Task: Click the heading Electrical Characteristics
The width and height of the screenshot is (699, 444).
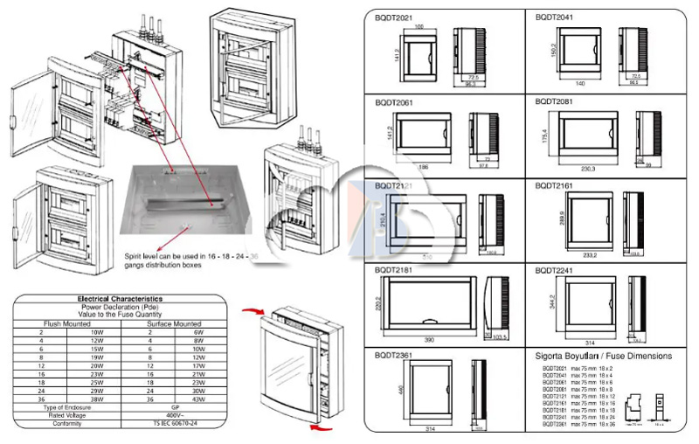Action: (120, 300)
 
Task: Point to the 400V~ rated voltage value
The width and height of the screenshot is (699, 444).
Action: (177, 415)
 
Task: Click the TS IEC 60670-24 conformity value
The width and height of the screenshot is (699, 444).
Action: (178, 423)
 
